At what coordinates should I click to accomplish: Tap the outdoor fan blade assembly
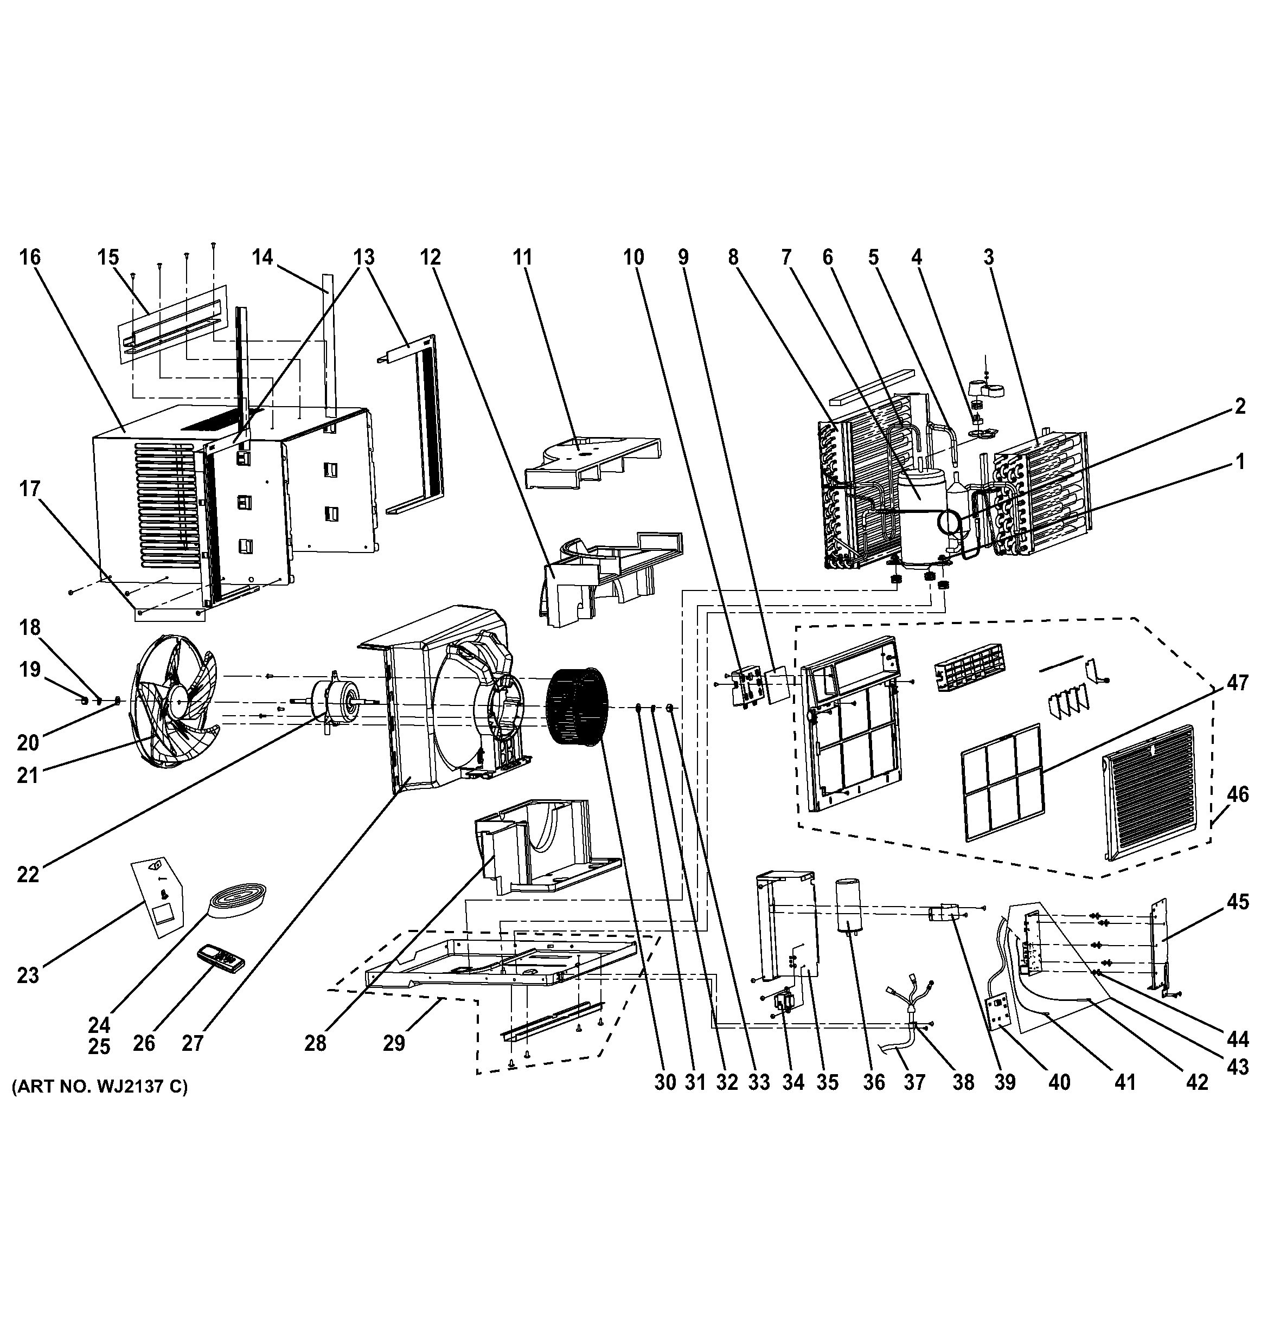(177, 702)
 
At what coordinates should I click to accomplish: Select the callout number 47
(1237, 683)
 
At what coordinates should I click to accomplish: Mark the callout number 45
(1237, 901)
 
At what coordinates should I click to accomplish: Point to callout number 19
(30, 670)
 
